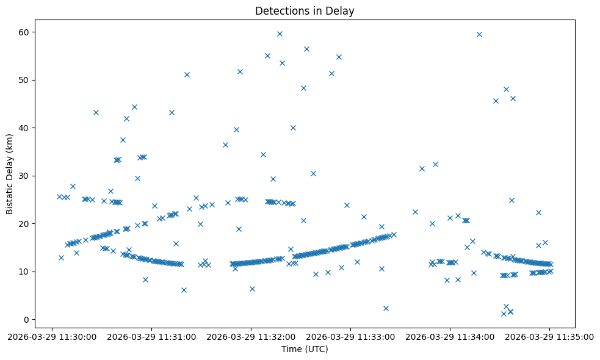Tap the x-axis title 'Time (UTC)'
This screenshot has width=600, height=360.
coord(305,349)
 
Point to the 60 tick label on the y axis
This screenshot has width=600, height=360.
coord(23,32)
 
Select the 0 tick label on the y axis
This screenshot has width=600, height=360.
coord(26,319)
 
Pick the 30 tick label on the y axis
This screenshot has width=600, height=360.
coord(23,176)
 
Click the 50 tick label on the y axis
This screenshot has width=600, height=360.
coord(23,80)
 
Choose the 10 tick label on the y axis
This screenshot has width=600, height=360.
coord(23,272)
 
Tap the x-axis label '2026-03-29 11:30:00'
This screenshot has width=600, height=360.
coord(52,336)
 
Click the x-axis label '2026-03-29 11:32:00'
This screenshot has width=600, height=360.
coord(251,336)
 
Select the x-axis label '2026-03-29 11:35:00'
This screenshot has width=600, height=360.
coord(550,336)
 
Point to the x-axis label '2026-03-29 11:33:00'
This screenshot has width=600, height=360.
coord(351,336)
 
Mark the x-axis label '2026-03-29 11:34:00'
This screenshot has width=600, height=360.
coord(450,336)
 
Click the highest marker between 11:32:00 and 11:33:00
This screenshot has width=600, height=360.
coord(280,34)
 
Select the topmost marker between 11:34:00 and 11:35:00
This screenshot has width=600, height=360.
coord(479,34)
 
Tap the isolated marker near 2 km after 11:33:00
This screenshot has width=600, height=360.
coord(386,308)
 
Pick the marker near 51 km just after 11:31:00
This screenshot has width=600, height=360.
coord(187,74)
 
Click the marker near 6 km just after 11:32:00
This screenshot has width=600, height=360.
coord(252,289)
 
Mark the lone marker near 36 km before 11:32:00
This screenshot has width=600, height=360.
coord(225,145)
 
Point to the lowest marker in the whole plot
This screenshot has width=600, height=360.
coord(504,314)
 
